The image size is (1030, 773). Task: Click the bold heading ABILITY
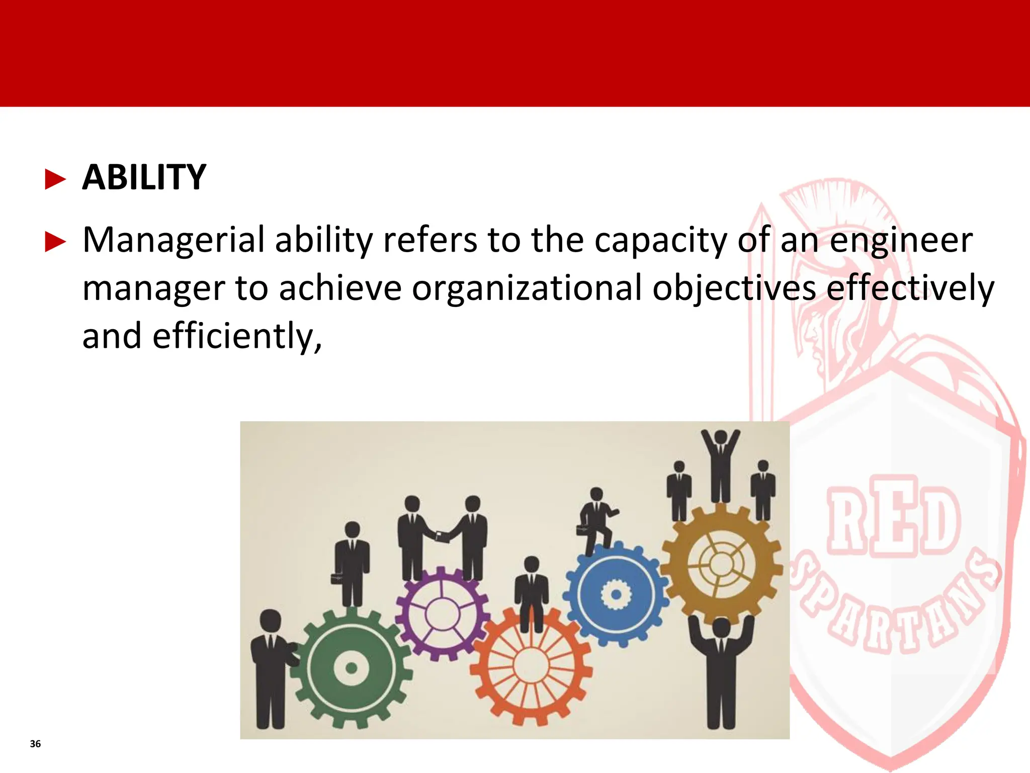click(144, 178)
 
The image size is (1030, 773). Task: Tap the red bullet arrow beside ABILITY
click(55, 179)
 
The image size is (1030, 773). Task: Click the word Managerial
click(173, 240)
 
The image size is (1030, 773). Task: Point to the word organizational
click(527, 288)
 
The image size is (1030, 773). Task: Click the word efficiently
click(236, 336)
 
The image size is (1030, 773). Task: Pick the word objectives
click(734, 288)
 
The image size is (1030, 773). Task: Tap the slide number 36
click(35, 744)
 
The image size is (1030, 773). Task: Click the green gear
click(352, 668)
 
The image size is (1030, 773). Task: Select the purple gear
click(442, 613)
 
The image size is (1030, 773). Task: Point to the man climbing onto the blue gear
click(596, 521)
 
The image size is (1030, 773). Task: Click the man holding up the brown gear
click(721, 669)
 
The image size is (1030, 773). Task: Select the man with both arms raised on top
click(721, 466)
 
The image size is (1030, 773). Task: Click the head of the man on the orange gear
click(531, 564)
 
